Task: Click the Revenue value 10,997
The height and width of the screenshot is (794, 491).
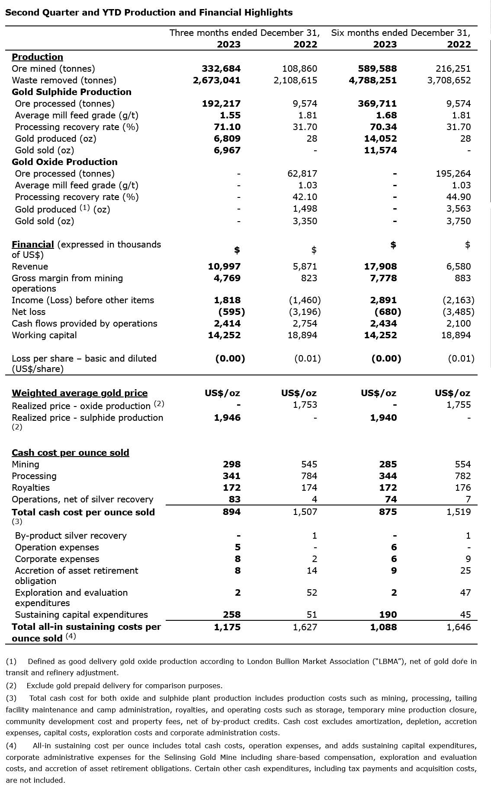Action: [x=224, y=267]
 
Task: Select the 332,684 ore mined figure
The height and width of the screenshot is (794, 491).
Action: [x=221, y=69]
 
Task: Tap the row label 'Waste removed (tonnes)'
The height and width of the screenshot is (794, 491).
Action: [x=64, y=80]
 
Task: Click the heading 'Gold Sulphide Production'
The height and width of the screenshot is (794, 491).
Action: [x=71, y=92]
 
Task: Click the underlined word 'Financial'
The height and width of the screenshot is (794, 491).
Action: [x=33, y=245]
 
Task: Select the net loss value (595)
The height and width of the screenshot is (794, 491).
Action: [x=231, y=312]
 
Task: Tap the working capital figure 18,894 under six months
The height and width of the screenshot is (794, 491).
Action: [x=456, y=335]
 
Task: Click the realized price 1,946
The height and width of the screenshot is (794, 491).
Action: [x=227, y=418]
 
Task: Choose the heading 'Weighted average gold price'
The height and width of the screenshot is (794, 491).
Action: [x=80, y=393]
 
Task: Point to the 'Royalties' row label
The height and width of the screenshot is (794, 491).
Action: [x=31, y=488]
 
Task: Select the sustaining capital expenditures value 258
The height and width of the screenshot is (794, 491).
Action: [x=228, y=615]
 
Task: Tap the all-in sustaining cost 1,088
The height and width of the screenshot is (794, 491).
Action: [x=383, y=627]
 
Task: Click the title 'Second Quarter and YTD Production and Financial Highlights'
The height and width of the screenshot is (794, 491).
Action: [x=149, y=13]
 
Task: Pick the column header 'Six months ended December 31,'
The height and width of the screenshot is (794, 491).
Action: [x=401, y=33]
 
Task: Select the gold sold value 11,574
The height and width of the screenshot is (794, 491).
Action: [x=380, y=150]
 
